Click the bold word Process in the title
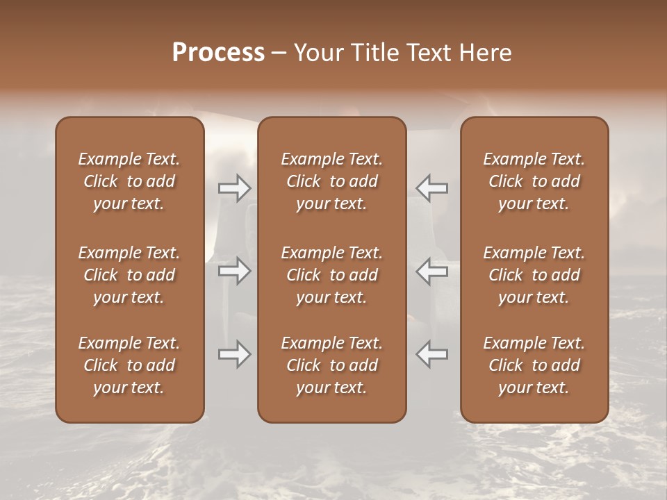[x=218, y=53]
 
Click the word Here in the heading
[x=486, y=53]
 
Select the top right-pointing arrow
[x=235, y=188]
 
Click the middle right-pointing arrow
[x=235, y=271]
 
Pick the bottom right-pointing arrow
[x=235, y=354]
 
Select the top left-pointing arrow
[x=432, y=188]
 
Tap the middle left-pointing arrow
[x=432, y=271]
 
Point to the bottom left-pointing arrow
[x=432, y=354]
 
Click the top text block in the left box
[x=129, y=181]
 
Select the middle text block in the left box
[x=129, y=275]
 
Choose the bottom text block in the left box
[x=129, y=365]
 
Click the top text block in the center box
[x=332, y=181]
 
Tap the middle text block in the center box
[x=332, y=275]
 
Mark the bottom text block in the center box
[x=332, y=365]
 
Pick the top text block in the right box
[x=534, y=181]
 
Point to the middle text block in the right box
[x=534, y=275]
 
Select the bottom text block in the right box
[x=534, y=365]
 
